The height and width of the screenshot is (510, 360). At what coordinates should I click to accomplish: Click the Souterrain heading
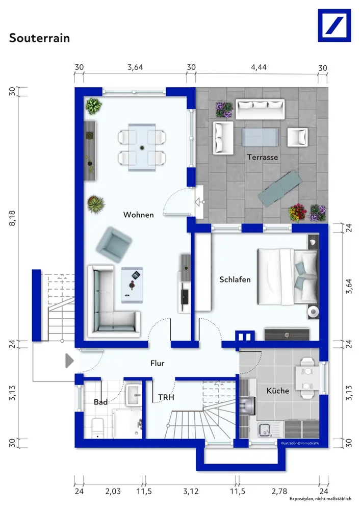point(39,38)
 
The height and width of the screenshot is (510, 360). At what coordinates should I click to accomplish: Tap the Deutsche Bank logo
point(335,25)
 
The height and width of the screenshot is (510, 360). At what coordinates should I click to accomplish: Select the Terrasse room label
point(263,158)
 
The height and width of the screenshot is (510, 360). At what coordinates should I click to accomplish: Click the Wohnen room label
point(139,215)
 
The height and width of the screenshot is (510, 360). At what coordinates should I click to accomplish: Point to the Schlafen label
point(235,279)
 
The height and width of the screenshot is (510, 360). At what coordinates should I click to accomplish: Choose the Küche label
point(278,390)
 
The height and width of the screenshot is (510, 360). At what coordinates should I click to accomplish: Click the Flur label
point(158,363)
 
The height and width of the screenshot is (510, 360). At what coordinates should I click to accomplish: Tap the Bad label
point(100,402)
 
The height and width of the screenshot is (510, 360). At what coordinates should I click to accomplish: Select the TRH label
point(166,397)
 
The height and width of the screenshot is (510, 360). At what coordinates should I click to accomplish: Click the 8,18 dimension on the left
point(12,218)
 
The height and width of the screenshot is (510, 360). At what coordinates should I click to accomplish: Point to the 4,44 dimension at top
point(259,67)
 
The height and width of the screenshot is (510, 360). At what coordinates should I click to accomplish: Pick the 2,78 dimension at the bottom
point(279,491)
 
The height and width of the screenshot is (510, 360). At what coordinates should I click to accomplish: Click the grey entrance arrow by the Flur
point(69,361)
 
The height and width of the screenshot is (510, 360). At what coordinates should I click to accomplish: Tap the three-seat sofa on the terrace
point(260,109)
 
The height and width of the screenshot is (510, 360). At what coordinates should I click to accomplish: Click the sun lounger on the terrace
point(278,189)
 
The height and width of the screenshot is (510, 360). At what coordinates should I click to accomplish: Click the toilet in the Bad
point(97,428)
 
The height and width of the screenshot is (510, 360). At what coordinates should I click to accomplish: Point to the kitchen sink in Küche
point(265,430)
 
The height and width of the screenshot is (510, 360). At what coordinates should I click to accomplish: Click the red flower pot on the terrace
point(297,213)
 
